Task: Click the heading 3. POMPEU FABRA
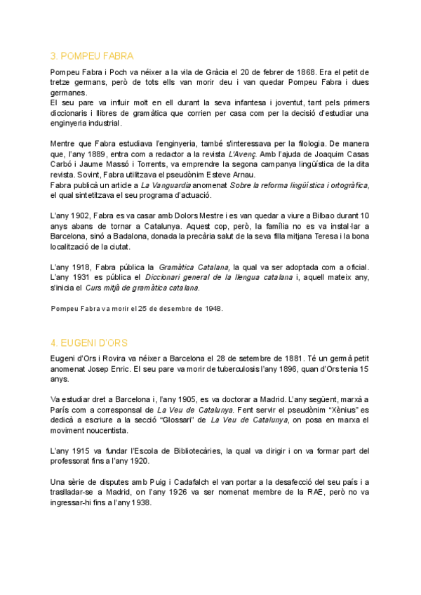(92, 56)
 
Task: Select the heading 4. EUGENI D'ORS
(89, 342)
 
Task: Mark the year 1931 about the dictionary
(82, 277)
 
